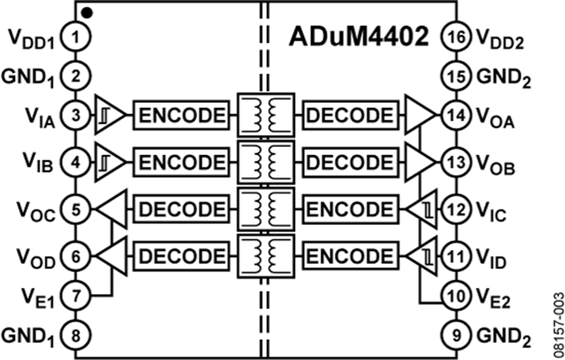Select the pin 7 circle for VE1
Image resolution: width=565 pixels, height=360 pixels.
[x=75, y=295]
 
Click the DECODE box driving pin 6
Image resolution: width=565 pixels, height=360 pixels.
[x=178, y=256]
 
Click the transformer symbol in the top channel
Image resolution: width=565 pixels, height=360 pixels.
[x=265, y=115]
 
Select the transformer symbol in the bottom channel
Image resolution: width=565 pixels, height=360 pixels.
[x=265, y=256]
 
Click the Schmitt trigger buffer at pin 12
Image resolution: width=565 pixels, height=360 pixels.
[x=422, y=209]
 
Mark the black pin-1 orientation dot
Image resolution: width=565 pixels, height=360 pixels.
[x=87, y=12]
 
